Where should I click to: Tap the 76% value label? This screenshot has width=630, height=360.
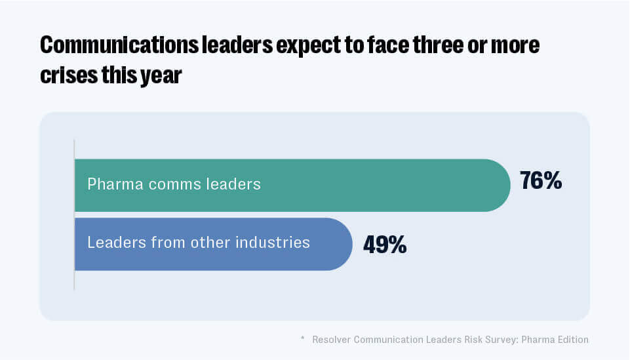[x=540, y=181]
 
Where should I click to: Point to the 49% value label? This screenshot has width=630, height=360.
[x=385, y=245]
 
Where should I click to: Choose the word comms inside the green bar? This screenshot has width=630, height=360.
[x=167, y=184]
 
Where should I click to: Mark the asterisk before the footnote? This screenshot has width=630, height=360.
[x=303, y=338]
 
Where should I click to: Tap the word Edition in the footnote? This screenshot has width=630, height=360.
[x=571, y=340]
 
